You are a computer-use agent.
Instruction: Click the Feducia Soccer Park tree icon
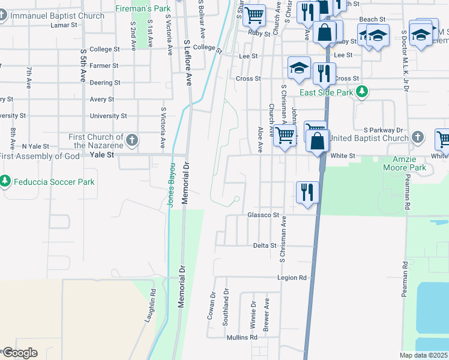(5, 181)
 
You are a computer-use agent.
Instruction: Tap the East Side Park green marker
(362, 92)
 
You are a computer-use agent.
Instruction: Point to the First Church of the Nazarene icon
(133, 141)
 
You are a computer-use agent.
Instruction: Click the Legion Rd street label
(292, 278)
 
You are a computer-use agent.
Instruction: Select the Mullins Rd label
(242, 338)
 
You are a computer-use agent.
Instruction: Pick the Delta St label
(264, 245)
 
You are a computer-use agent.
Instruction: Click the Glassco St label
(264, 215)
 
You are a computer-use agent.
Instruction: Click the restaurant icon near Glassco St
(307, 193)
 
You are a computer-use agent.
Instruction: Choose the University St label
(108, 116)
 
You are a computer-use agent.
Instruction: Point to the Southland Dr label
(226, 307)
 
